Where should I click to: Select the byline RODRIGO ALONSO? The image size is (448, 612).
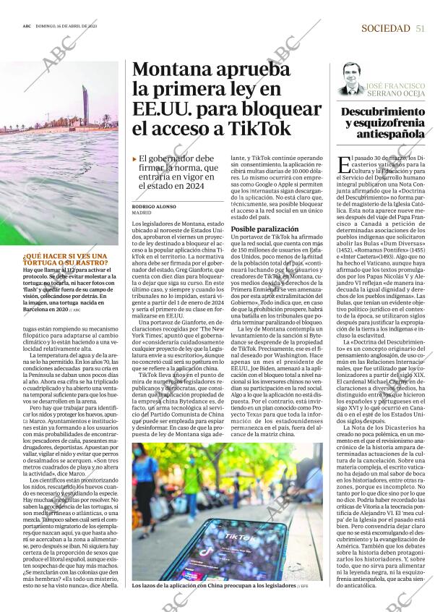(x=152, y=206)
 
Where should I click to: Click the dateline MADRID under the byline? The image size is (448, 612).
(x=142, y=213)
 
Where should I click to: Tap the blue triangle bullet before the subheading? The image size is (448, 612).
(x=134, y=158)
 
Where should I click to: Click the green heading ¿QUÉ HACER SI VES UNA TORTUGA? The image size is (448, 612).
(x=64, y=260)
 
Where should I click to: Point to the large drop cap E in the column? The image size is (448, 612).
(x=343, y=164)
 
